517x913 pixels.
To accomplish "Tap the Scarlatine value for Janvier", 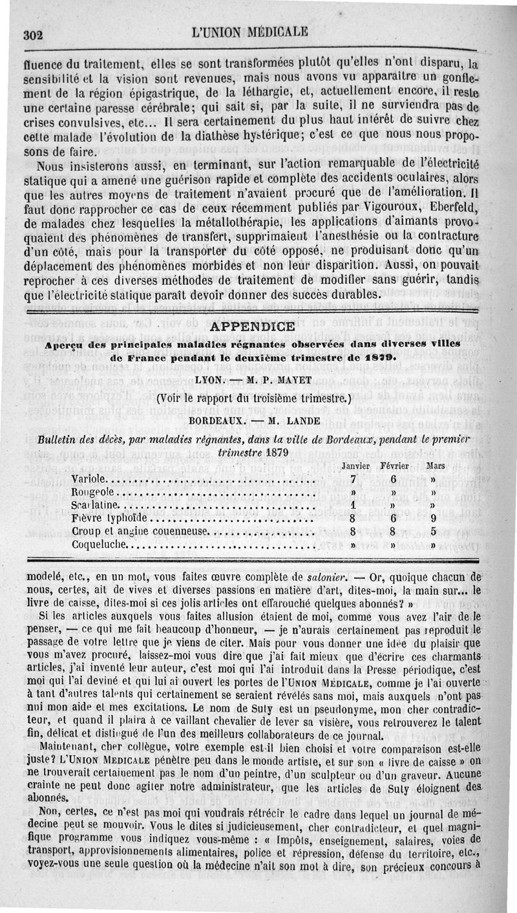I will [x=353, y=506].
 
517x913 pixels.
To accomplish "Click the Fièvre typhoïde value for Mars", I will [x=433, y=519].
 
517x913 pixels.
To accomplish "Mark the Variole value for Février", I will [x=393, y=479].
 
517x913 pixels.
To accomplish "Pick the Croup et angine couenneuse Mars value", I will [x=433, y=532].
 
